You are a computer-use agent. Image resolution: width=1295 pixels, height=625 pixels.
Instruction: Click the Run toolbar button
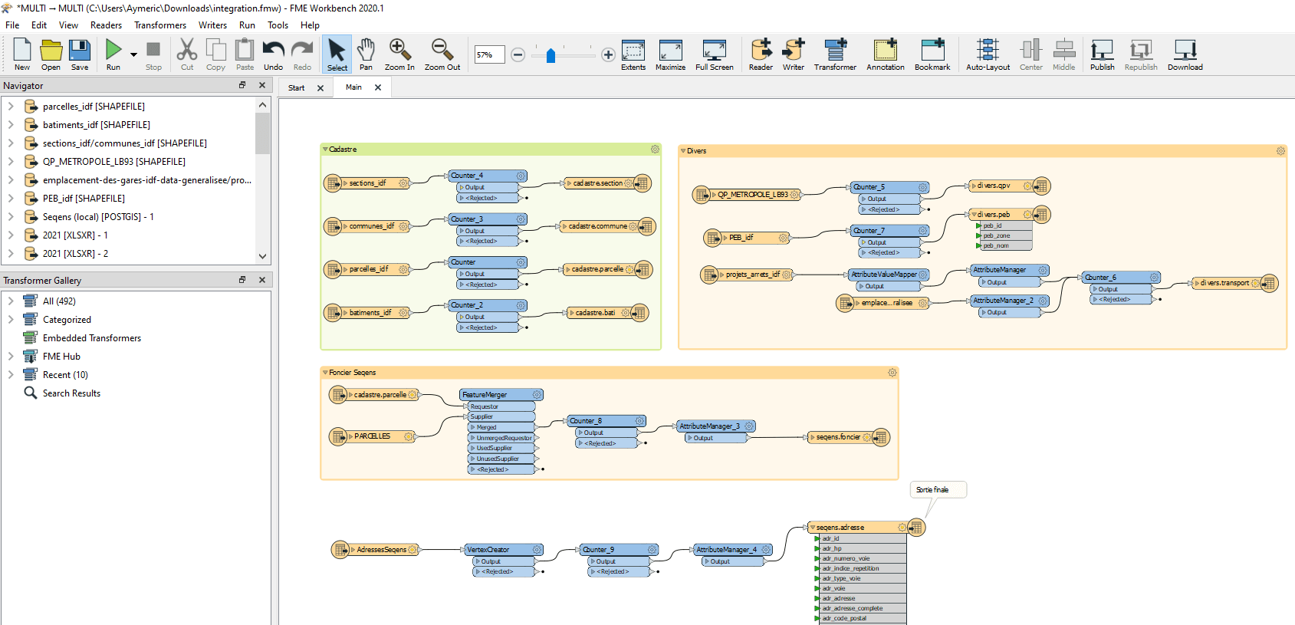[x=113, y=54]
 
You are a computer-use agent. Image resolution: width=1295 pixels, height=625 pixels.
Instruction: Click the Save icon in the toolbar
[x=80, y=54]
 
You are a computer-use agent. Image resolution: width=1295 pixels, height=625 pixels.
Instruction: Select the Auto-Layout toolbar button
[x=988, y=54]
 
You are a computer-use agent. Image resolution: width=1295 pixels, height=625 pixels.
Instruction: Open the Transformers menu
[x=159, y=25]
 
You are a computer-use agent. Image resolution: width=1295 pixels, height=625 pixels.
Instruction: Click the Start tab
[x=297, y=88]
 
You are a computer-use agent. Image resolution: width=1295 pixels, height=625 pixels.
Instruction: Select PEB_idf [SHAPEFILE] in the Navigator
[x=83, y=199]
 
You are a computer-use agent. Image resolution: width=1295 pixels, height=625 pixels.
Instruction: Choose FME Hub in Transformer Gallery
[x=61, y=357]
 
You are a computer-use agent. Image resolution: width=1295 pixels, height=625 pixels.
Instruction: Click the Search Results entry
[x=71, y=393]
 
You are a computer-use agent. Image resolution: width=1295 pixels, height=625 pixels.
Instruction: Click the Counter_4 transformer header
[x=483, y=176]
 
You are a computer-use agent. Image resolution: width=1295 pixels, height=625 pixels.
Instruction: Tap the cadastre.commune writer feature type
[x=598, y=226]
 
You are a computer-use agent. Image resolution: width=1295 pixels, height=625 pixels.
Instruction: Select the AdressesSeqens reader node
[x=381, y=550]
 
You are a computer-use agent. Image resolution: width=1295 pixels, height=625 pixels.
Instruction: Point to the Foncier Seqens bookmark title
[x=353, y=373]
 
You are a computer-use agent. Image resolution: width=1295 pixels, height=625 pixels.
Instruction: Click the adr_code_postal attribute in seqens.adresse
[x=844, y=618]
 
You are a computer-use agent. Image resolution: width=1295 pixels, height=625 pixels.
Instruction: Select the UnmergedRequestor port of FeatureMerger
[x=503, y=438]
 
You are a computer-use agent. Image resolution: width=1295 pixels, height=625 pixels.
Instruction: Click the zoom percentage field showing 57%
[x=489, y=55]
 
